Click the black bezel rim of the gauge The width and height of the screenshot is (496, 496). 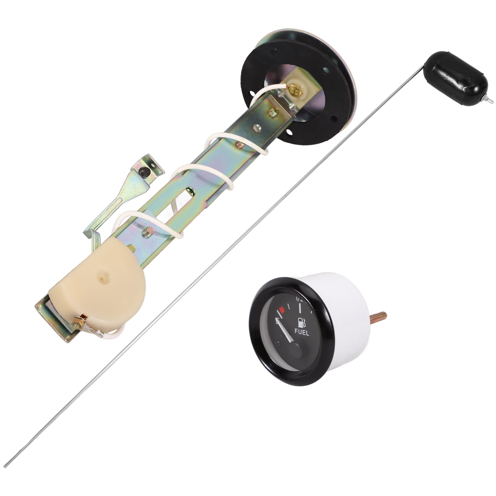260,356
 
